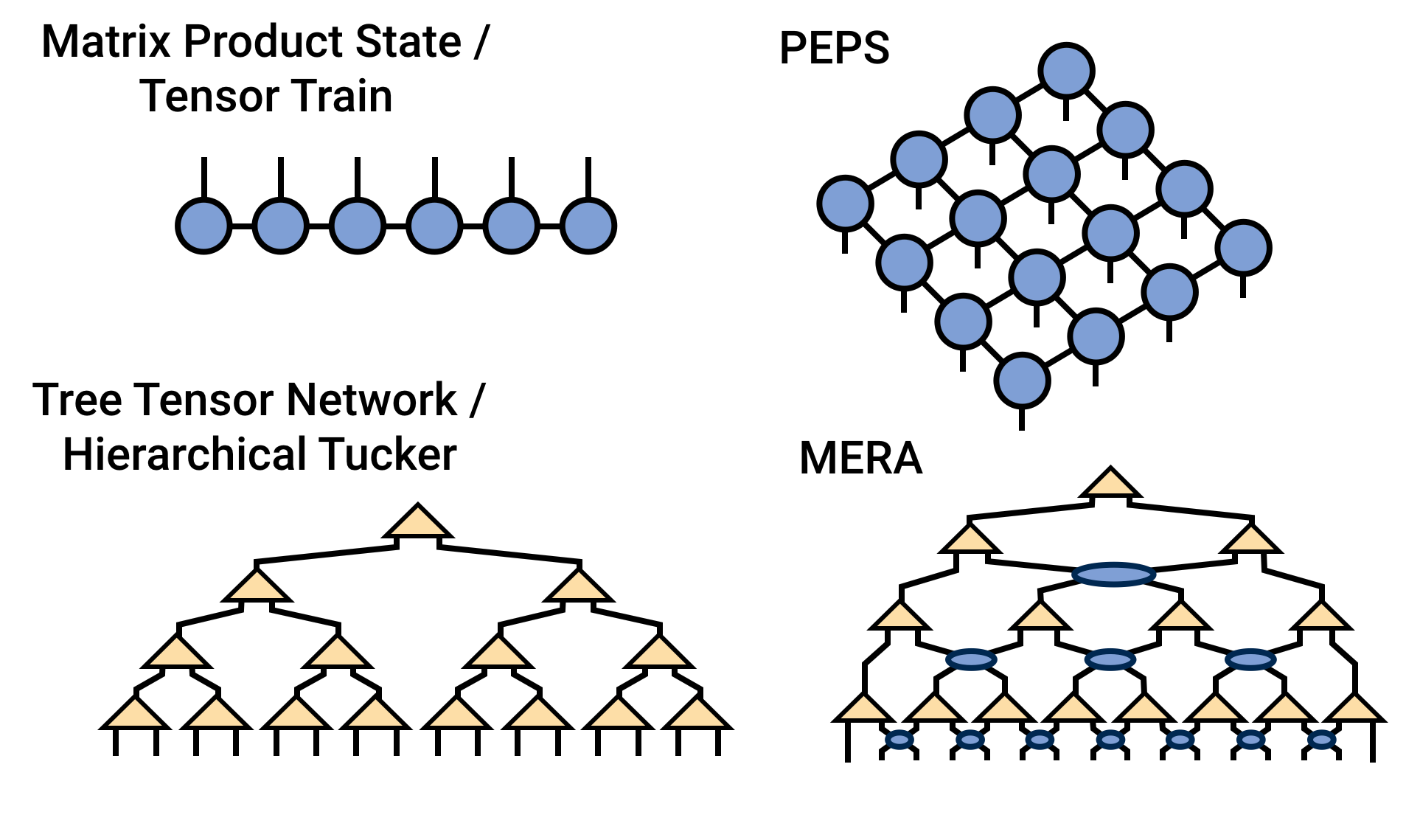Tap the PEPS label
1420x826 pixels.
[834, 49]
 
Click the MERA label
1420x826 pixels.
[860, 459]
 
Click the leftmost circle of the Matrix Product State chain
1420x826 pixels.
[204, 226]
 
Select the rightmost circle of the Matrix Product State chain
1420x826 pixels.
[588, 226]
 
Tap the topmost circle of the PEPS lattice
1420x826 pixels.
[1066, 71]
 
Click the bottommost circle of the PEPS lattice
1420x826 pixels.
[1022, 381]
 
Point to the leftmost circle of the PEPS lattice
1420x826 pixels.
[846, 204]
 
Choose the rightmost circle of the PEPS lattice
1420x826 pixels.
[1244, 248]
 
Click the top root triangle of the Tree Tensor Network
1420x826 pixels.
[417, 523]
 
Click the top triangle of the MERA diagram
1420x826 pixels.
[1110, 484]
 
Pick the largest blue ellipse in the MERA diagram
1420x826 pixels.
[1113, 574]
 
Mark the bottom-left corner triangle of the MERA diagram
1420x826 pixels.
[863, 709]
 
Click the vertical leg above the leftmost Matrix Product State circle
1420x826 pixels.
[204, 178]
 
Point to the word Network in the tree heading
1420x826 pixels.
[372, 400]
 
